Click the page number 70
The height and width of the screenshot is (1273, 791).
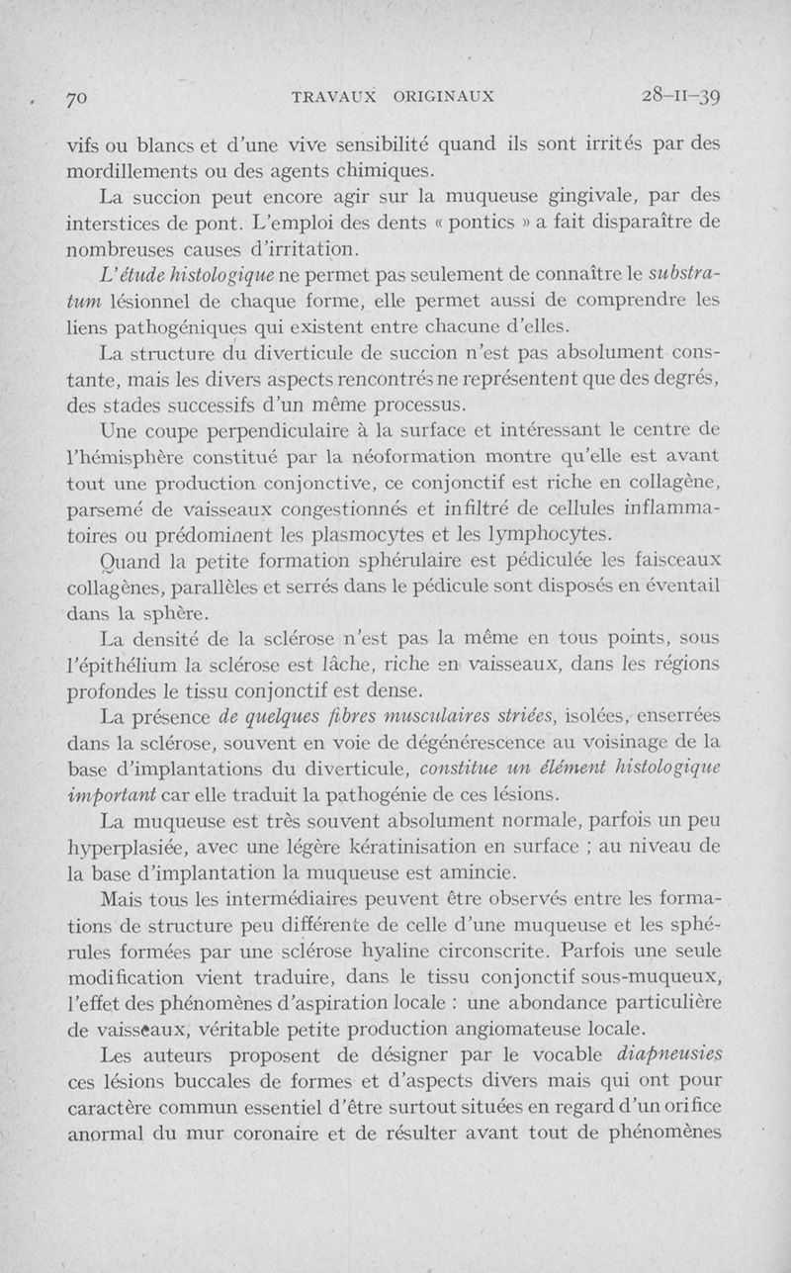tap(77, 98)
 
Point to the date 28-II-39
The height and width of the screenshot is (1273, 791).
tap(681, 96)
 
